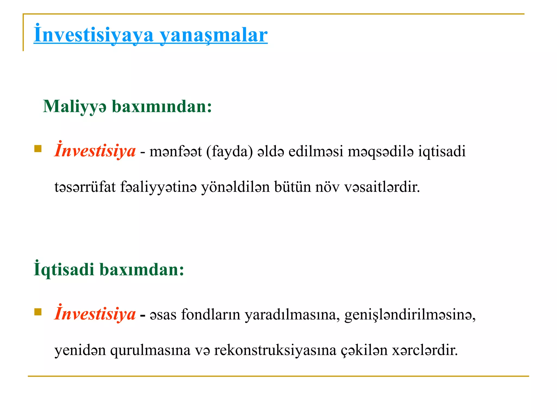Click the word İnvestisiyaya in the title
[x=94, y=35]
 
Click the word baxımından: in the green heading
[x=162, y=106]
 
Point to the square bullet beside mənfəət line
[x=38, y=149]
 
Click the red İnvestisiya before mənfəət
[x=95, y=150]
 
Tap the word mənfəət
[x=176, y=151]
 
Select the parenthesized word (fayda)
[x=230, y=151]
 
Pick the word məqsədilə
[x=380, y=151]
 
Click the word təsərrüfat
[x=85, y=187]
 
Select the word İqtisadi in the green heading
[x=64, y=269]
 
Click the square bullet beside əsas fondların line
[x=38, y=312]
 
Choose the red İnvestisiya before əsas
[x=95, y=314]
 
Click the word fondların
[x=211, y=315]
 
